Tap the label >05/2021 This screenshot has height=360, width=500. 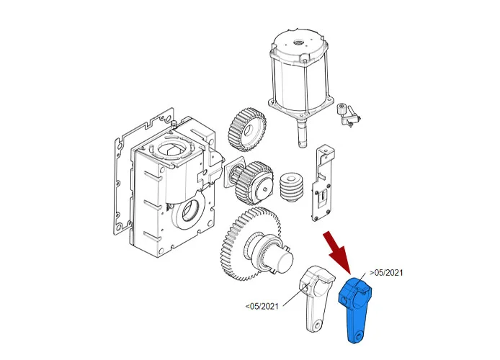point(386,273)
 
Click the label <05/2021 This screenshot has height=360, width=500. point(262,307)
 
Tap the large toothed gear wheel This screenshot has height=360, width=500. point(251,243)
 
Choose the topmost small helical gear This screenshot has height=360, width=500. point(247,130)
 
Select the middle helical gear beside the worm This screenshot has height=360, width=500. point(254,183)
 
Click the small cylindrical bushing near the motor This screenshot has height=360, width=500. point(341,109)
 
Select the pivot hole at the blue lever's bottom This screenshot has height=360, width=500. point(360,337)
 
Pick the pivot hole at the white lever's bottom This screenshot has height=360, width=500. point(317,325)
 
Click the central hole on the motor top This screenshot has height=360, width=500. point(299,42)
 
